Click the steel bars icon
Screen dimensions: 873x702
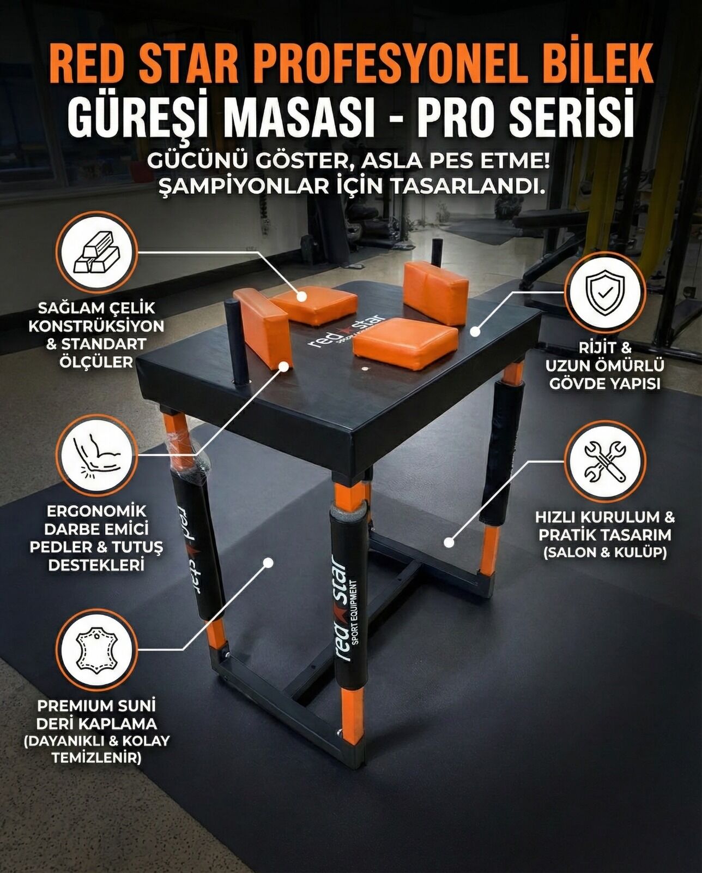click(98, 252)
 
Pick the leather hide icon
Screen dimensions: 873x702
click(98, 650)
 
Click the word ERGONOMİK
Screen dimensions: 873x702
click(96, 511)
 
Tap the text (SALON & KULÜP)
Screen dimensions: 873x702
click(604, 552)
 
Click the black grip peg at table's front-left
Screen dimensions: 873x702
click(236, 340)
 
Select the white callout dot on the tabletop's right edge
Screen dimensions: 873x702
click(475, 331)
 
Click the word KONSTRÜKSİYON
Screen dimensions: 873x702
click(96, 326)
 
